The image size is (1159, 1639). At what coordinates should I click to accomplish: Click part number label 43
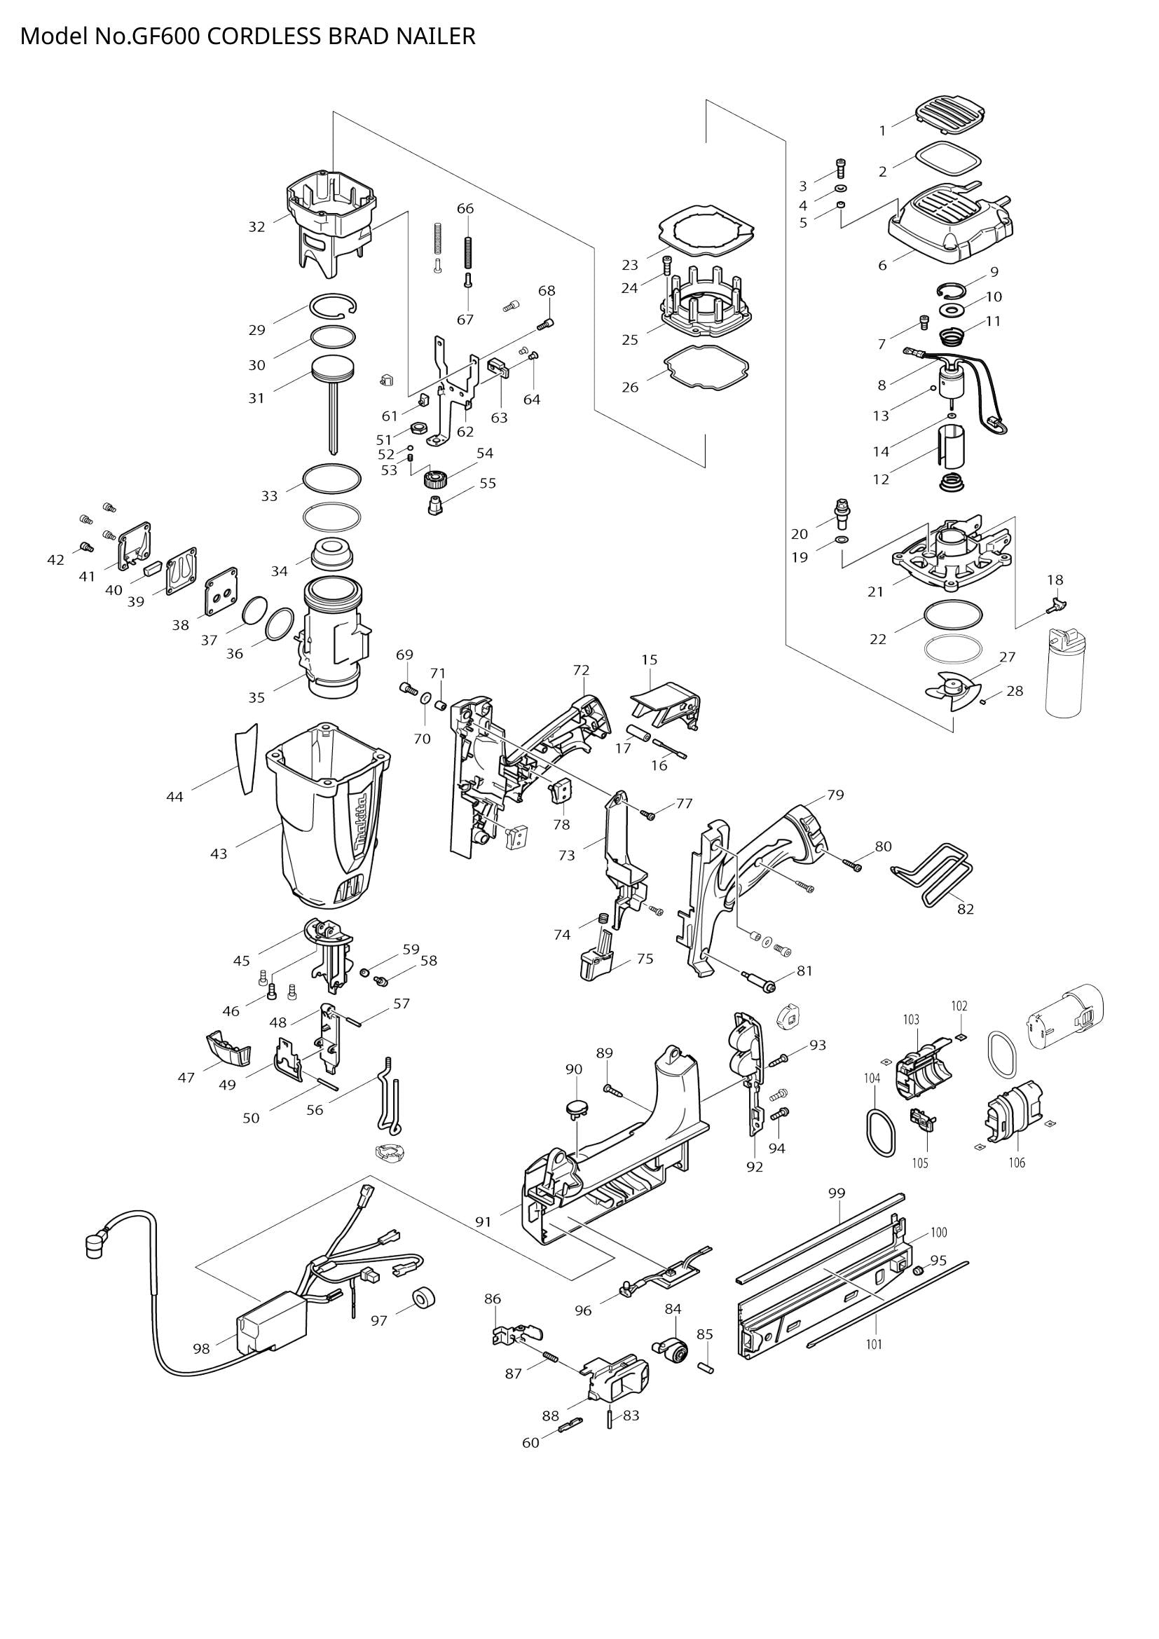click(219, 853)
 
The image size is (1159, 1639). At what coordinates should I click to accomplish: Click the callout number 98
click(201, 1348)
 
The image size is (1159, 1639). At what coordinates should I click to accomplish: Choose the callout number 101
click(875, 1343)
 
